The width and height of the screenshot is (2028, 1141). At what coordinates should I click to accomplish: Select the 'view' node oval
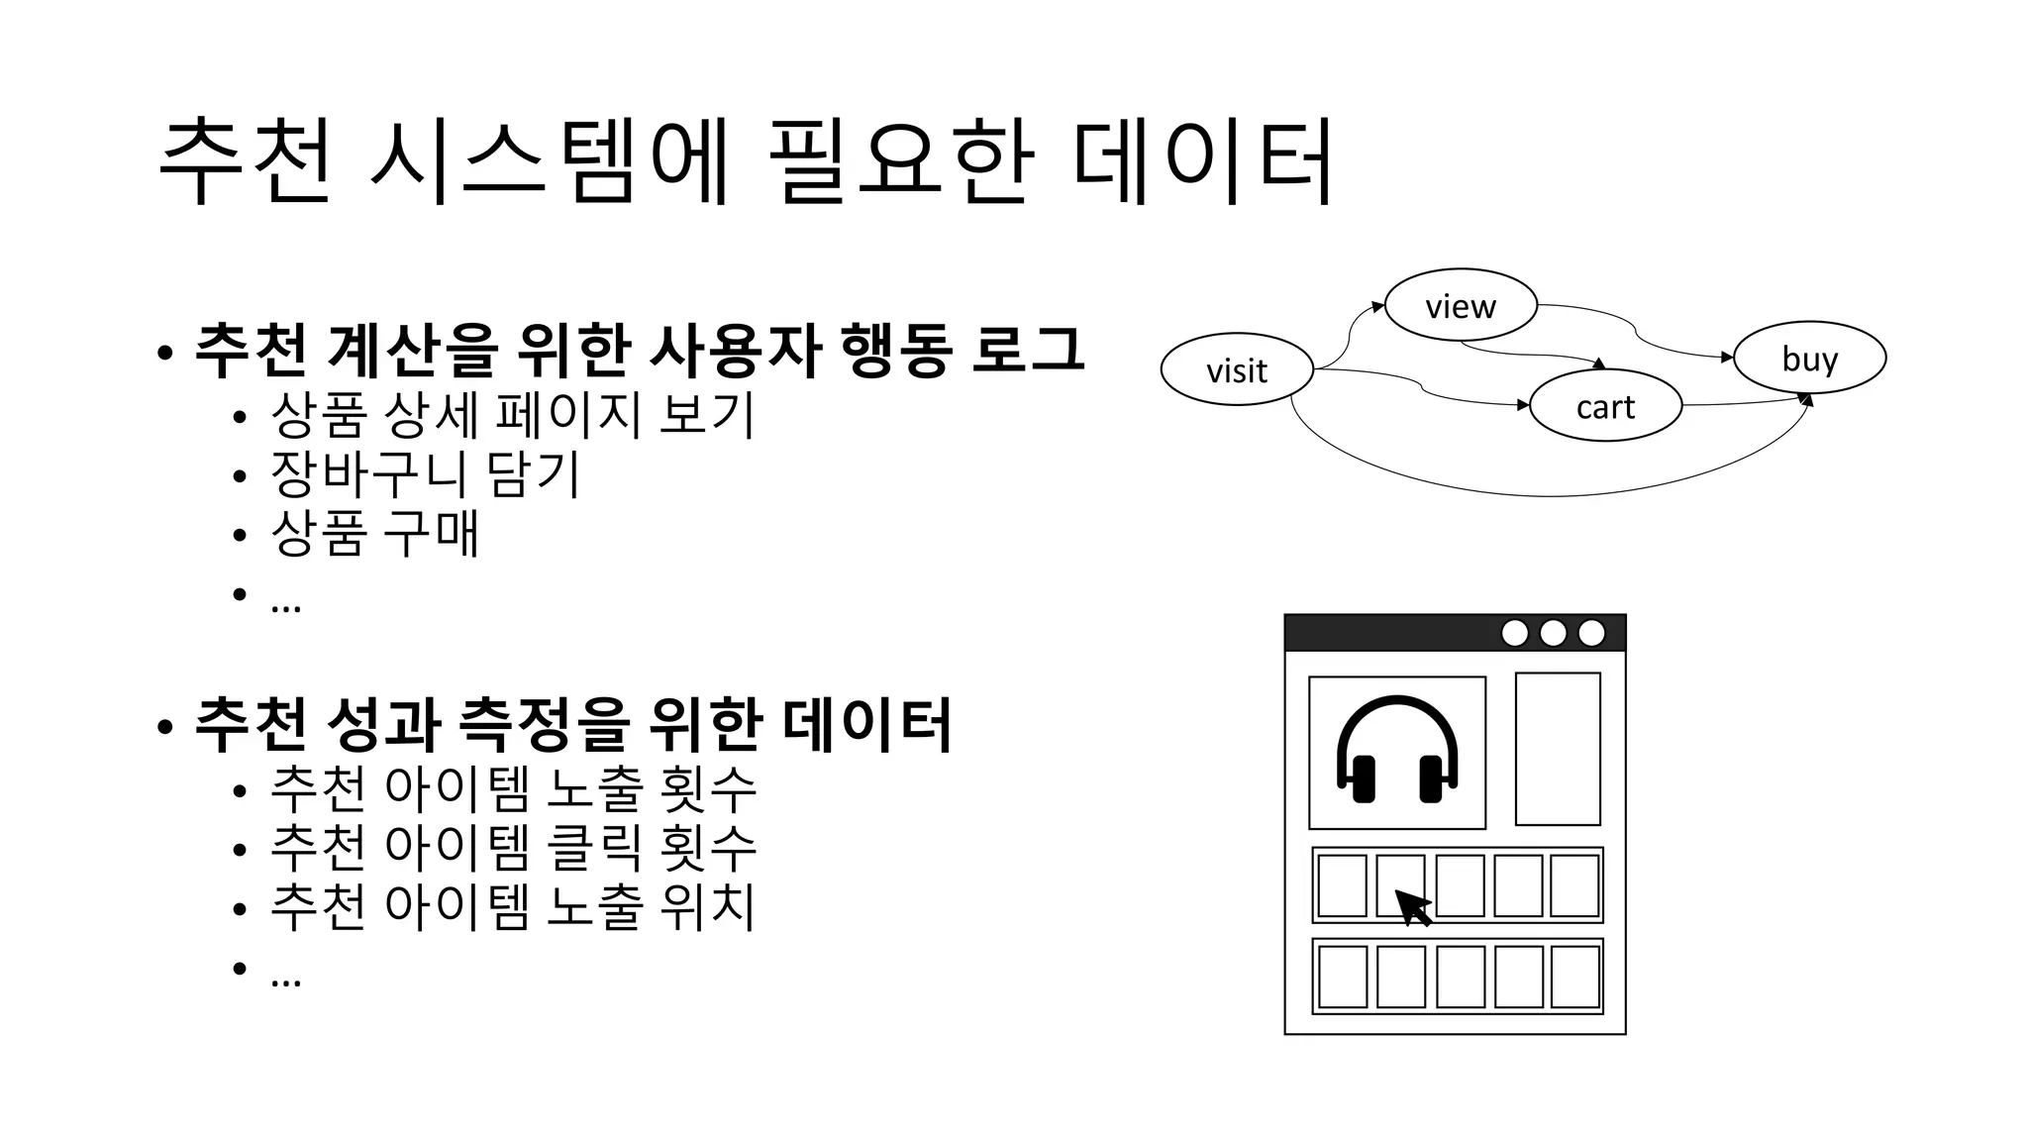[1460, 305]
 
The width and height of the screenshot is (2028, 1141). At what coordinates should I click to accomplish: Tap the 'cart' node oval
[1605, 405]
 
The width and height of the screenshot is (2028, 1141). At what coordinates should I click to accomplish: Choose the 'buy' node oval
[1809, 357]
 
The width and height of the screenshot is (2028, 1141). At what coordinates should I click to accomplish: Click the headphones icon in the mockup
[1396, 751]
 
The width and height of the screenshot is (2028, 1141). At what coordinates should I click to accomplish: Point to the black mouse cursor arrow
[1412, 906]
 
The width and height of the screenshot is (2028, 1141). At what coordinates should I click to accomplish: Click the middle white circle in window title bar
[1553, 633]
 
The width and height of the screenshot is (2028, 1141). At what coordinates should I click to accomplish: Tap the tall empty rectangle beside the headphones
[1558, 749]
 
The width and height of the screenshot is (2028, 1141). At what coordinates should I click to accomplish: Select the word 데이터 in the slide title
[1203, 161]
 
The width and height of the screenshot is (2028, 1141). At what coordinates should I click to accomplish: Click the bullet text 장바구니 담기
[424, 473]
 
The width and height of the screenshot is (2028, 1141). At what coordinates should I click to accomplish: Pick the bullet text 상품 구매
[374, 533]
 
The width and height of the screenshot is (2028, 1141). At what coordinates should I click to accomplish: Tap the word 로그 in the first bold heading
[1028, 349]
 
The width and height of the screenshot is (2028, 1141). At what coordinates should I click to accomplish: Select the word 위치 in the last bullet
[707, 906]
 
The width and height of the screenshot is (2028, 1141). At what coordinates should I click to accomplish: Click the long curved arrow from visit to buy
[1545, 494]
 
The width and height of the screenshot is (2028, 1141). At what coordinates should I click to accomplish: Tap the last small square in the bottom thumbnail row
[1574, 977]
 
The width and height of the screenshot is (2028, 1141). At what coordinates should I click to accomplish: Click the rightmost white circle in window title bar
[1591, 633]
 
